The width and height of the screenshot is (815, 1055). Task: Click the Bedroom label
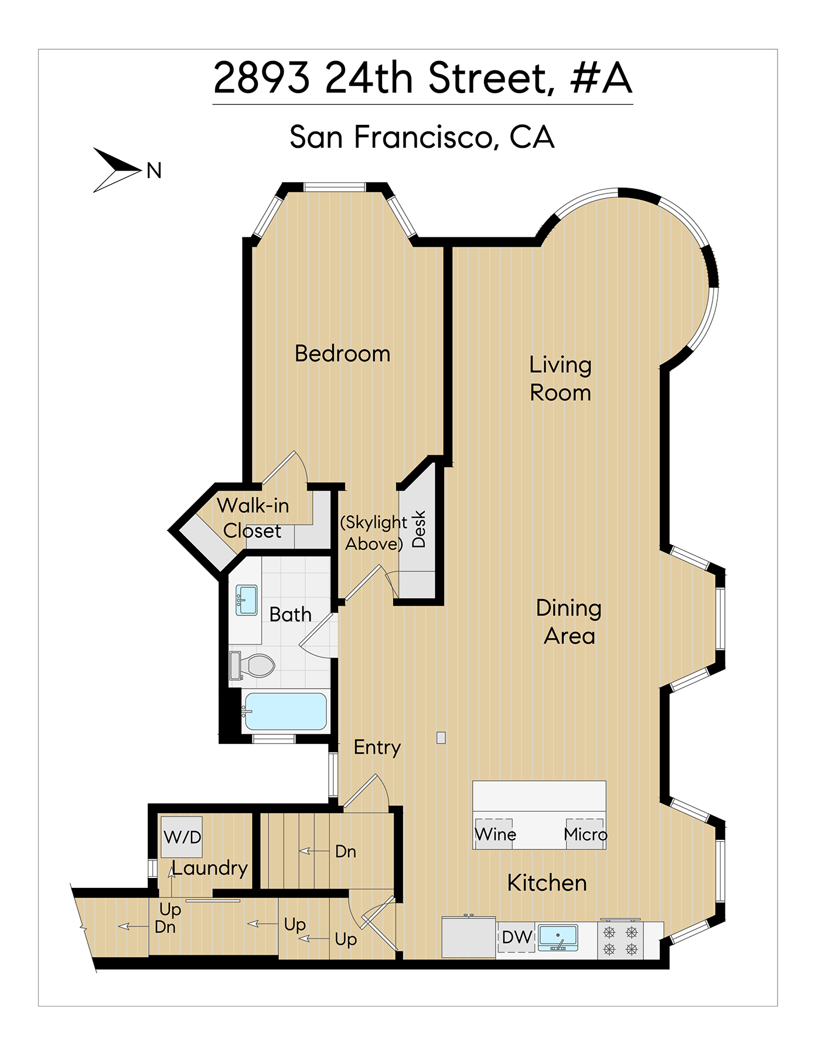tap(342, 353)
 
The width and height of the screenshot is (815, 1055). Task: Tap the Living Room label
tap(560, 379)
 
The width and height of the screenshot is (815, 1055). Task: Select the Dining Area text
tap(569, 622)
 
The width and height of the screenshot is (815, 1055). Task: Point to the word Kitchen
tap(547, 883)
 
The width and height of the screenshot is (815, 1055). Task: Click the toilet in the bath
tap(253, 665)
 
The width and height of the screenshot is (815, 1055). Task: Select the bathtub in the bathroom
tap(285, 711)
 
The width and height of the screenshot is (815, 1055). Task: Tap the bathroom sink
tap(247, 600)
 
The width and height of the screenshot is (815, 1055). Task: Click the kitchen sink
tap(558, 937)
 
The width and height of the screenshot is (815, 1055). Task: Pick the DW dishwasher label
tap(517, 937)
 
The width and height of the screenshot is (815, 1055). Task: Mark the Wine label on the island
tap(495, 834)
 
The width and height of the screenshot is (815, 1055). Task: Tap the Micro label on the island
tap(585, 834)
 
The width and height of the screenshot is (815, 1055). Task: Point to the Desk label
tap(418, 529)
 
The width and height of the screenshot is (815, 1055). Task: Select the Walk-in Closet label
tap(253, 518)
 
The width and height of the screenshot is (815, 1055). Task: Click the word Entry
tap(377, 748)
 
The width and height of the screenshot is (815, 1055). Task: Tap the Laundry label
tap(210, 868)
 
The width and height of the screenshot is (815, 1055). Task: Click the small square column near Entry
tap(441, 738)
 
